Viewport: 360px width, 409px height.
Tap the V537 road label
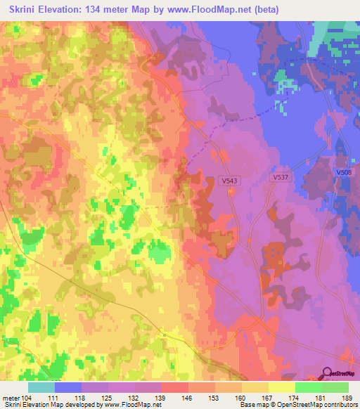tap(282, 178)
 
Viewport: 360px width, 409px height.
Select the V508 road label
tap(344, 172)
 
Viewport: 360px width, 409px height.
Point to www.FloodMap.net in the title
tap(216, 10)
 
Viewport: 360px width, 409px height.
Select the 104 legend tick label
tap(28, 397)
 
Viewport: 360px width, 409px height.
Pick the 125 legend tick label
tap(108, 397)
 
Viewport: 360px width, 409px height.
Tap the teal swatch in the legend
tap(41, 387)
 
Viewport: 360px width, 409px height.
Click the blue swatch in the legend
tap(68, 387)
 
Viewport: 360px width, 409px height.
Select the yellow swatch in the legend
tap(282, 387)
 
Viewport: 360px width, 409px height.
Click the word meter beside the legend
tap(11, 397)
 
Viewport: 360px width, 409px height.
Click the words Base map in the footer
tap(255, 405)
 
